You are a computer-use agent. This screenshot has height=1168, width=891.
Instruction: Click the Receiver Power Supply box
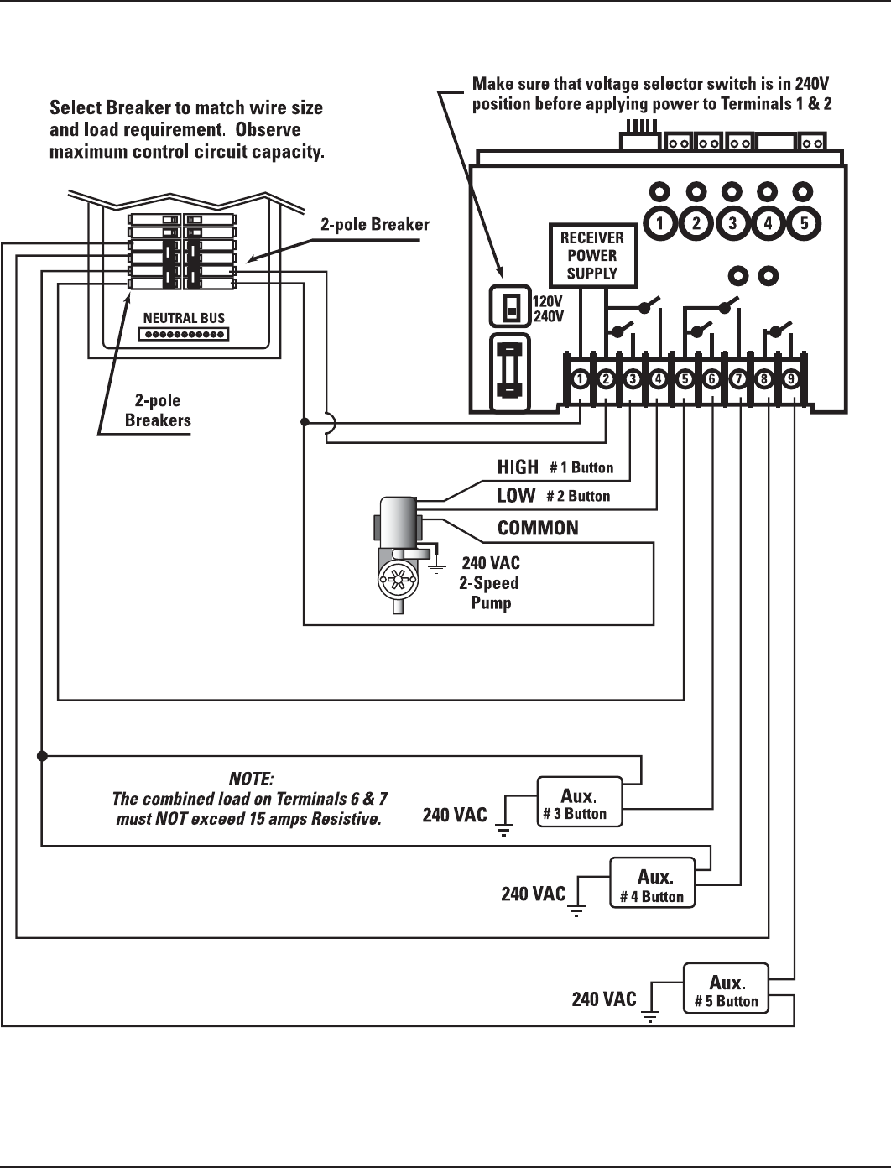(592, 255)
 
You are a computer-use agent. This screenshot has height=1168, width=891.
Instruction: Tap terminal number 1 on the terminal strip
(580, 379)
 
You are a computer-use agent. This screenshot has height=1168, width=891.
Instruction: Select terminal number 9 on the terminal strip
(791, 379)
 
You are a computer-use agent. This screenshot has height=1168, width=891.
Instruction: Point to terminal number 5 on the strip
(685, 379)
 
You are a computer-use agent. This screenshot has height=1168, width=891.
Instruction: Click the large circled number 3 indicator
(732, 223)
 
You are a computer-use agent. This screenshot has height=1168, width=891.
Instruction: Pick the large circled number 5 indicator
(804, 223)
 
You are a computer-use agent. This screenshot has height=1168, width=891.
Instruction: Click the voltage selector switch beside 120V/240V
(510, 307)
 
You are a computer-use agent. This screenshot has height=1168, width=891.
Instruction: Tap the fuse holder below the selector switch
(509, 372)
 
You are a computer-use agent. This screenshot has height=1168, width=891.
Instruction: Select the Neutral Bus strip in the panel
(184, 334)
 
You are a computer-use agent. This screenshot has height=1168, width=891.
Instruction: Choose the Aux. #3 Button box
(580, 802)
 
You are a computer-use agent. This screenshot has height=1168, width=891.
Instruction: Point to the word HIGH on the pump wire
(518, 467)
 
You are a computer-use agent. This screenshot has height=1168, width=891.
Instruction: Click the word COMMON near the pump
(538, 528)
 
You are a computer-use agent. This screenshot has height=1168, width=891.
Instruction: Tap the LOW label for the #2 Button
(516, 496)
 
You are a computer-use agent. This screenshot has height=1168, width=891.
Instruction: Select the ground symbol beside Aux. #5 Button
(650, 1017)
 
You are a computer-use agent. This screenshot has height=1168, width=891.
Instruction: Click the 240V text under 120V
(549, 316)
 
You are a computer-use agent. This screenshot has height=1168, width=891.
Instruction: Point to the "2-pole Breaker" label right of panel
(374, 225)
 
